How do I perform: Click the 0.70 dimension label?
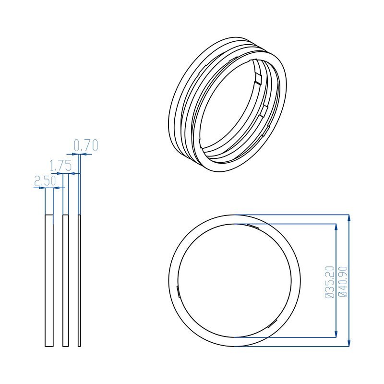point(86,145)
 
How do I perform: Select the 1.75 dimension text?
point(61,166)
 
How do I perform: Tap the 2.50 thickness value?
point(45,181)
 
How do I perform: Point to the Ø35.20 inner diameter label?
point(329,282)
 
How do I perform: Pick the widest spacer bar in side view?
point(49,281)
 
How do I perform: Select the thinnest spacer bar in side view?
point(79,281)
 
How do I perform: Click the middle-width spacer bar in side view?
point(66,281)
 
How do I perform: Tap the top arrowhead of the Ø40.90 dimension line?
point(349,218)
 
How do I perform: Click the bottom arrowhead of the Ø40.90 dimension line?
point(349,343)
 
